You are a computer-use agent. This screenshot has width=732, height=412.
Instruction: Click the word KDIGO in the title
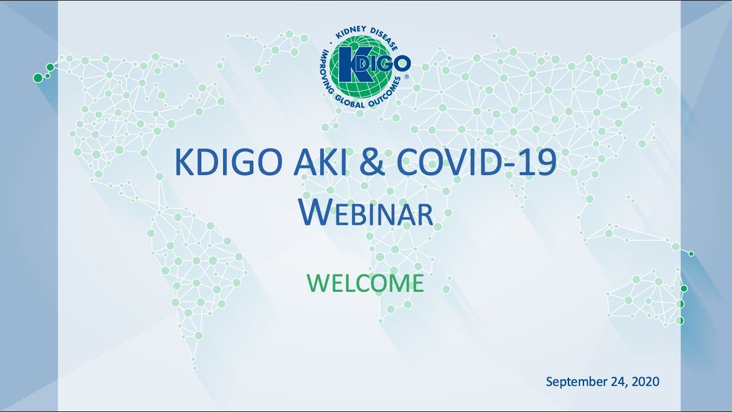pos(228,163)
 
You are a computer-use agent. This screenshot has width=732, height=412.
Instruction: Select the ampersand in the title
pos(372,163)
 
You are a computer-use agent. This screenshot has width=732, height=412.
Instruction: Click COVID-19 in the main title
pos(477,163)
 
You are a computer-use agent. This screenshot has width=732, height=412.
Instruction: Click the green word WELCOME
pos(365,283)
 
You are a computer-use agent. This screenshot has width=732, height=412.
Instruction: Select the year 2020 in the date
pos(646,381)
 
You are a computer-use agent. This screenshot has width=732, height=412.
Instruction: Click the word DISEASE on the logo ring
pos(385,38)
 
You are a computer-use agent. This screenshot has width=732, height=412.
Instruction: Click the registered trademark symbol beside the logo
pos(407,77)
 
